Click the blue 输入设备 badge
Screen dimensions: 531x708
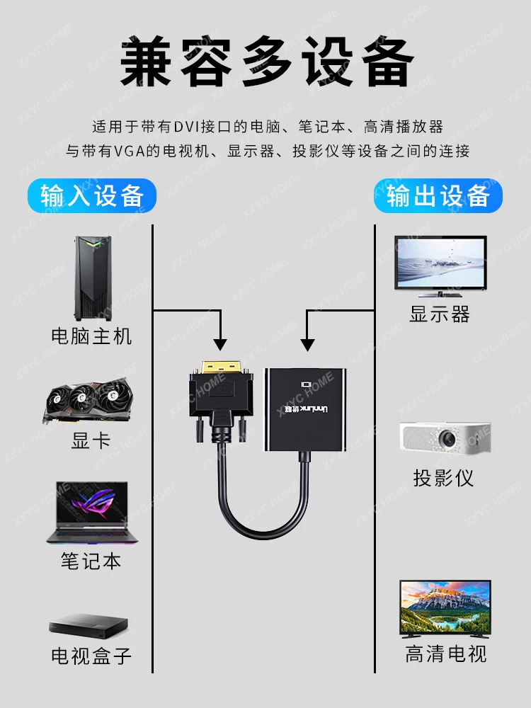click(92, 196)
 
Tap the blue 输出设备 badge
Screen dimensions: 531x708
click(438, 196)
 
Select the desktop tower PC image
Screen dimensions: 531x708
click(93, 278)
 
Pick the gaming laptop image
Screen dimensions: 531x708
click(92, 513)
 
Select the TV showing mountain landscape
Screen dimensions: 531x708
click(445, 609)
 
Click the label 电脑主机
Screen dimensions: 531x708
click(91, 336)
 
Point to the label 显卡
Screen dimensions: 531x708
click(91, 440)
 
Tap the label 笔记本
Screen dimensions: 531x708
click(91, 561)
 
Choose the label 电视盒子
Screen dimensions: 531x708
click(91, 656)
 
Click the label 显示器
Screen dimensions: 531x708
click(440, 314)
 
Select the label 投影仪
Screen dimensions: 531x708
click(443, 478)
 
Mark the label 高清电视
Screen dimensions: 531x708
click(445, 653)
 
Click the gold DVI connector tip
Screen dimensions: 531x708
click(220, 366)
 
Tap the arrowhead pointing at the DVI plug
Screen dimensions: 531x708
click(220, 345)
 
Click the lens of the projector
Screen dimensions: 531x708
click(448, 438)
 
